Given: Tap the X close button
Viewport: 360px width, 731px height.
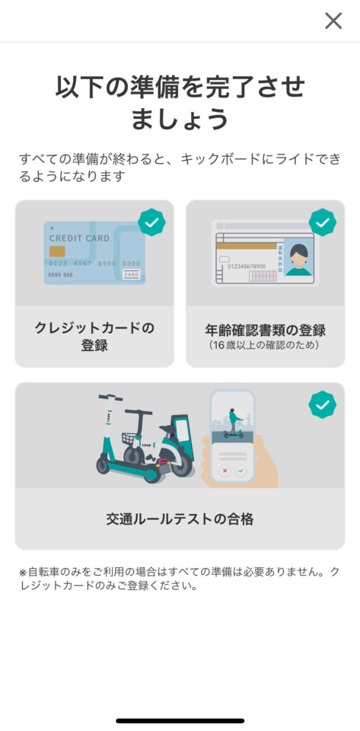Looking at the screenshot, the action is (x=333, y=21).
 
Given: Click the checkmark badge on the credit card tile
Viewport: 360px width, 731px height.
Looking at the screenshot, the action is (x=151, y=222).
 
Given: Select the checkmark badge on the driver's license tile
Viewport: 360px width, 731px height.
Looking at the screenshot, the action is (x=323, y=222).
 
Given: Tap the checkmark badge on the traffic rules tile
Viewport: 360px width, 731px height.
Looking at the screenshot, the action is (x=323, y=404).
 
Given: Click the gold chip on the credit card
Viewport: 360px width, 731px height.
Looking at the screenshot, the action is (x=57, y=251).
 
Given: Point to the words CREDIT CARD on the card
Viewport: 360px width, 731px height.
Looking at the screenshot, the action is (x=80, y=238).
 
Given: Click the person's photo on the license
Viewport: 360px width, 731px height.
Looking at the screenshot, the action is (x=298, y=258).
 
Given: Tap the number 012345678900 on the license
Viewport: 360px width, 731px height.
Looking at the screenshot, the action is (x=247, y=267).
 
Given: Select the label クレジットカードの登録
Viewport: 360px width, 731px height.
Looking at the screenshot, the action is (x=94, y=337).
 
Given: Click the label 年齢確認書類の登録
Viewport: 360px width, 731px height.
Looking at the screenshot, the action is (x=266, y=330).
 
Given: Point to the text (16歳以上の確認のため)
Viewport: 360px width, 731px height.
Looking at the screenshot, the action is (x=266, y=346).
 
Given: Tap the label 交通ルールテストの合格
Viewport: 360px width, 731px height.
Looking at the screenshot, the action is (x=180, y=519).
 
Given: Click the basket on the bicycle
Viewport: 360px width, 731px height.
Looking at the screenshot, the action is (x=132, y=439).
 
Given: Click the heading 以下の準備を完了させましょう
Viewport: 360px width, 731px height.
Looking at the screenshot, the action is (x=180, y=103).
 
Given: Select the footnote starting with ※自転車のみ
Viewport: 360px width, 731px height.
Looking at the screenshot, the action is (x=180, y=579).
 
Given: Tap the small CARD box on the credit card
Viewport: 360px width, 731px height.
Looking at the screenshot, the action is (x=132, y=275).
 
